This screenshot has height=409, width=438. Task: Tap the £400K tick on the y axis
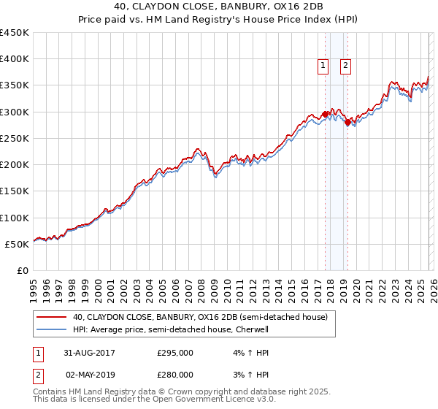pyautogui.click(x=15, y=59)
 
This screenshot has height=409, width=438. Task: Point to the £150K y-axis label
pyautogui.click(x=15, y=191)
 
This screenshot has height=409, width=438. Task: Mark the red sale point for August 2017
pyautogui.click(x=325, y=115)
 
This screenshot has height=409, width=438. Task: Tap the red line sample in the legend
pyautogui.click(x=53, y=318)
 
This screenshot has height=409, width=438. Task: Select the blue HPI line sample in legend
pyautogui.click(x=53, y=329)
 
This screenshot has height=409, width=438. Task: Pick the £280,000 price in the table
pyautogui.click(x=175, y=375)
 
